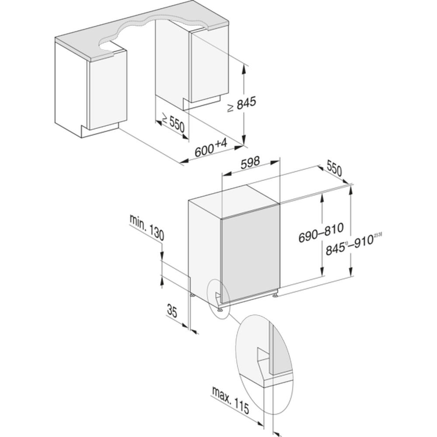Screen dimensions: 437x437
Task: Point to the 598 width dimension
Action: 250,162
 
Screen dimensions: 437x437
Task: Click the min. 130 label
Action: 147,227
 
